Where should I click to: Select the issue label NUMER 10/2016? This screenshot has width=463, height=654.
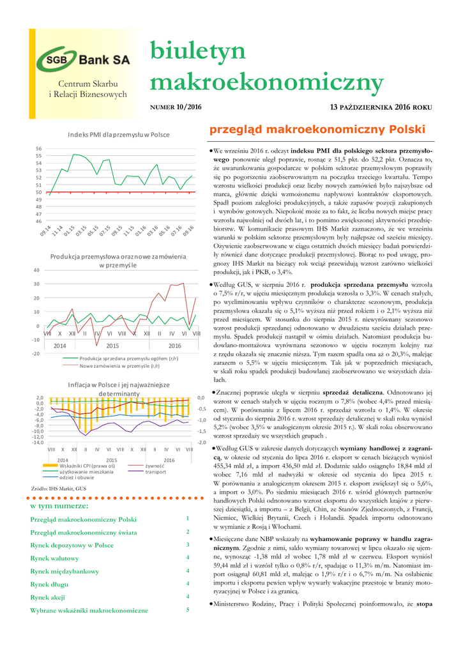(175, 107)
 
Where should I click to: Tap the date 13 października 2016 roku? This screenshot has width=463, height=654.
(381, 107)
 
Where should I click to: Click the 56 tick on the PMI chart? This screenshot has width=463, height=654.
(38, 148)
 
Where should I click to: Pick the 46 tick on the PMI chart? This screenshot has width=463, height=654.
(38, 221)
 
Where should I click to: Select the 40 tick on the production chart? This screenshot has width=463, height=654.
(36, 270)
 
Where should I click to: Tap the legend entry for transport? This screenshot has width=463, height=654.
(155, 471)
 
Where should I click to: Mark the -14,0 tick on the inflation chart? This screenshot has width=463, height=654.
(38, 442)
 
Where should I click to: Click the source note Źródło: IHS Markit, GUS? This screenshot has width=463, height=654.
(59, 489)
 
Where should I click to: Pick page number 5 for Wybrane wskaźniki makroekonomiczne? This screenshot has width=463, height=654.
(188, 609)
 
